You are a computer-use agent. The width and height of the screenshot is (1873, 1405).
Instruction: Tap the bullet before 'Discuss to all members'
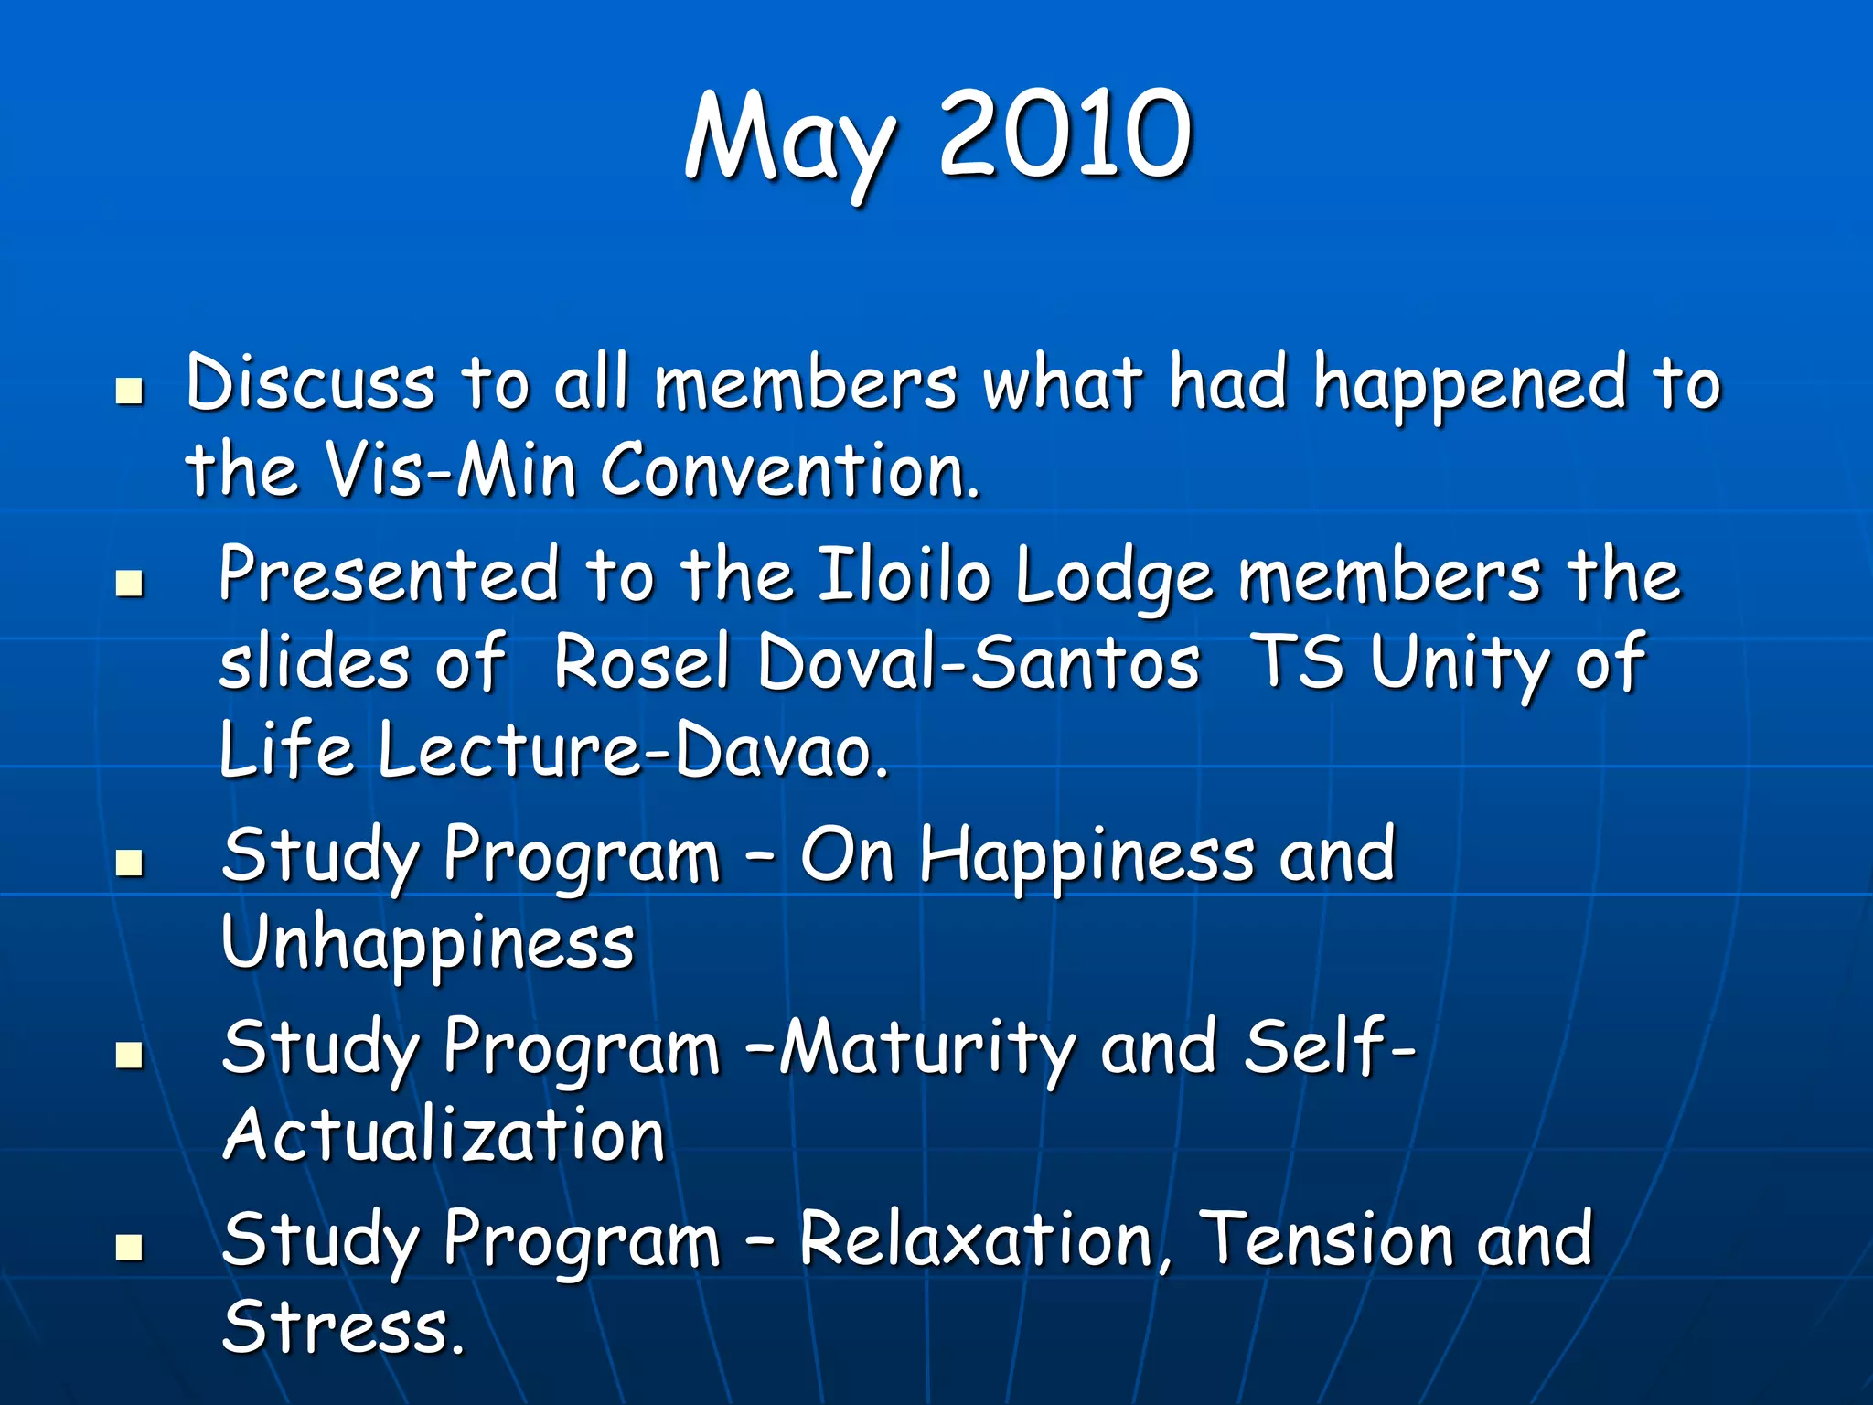(x=130, y=391)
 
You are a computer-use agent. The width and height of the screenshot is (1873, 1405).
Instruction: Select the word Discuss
(x=310, y=382)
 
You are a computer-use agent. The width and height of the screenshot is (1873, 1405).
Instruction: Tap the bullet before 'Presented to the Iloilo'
(x=130, y=583)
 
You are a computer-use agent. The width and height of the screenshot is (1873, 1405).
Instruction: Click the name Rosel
(x=643, y=662)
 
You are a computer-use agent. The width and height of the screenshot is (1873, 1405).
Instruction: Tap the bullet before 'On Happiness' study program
(x=130, y=863)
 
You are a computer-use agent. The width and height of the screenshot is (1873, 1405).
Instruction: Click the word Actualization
(x=444, y=1135)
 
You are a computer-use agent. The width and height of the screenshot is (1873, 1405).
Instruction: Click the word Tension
(x=1325, y=1239)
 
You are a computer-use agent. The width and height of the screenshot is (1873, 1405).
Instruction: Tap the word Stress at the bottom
(x=340, y=1327)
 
